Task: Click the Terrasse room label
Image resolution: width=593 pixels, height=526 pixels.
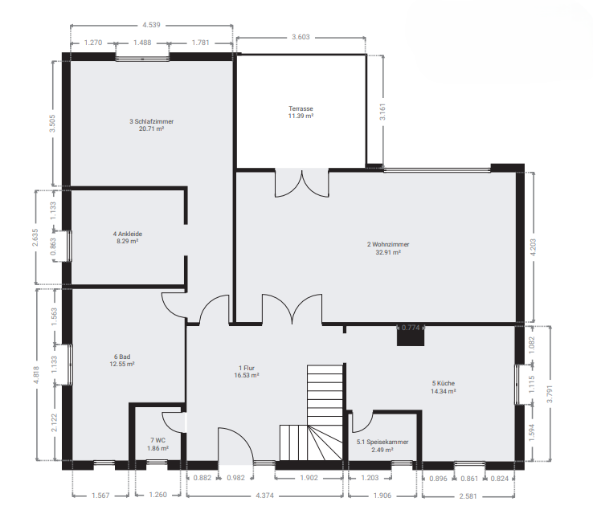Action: tap(301, 108)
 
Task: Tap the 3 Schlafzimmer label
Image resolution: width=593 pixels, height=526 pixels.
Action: tap(151, 121)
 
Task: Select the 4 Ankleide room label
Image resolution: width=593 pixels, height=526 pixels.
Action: tap(128, 234)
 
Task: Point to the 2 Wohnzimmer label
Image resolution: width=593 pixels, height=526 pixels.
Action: tap(388, 244)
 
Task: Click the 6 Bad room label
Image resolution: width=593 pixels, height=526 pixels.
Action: tap(122, 357)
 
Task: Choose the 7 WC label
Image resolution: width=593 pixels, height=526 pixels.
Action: tap(157, 440)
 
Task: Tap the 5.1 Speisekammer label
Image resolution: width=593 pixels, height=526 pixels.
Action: tap(382, 442)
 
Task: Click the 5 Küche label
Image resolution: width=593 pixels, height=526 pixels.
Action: tap(444, 383)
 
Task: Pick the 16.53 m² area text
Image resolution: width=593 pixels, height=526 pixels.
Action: tap(247, 375)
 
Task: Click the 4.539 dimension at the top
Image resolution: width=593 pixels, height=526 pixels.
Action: tap(151, 25)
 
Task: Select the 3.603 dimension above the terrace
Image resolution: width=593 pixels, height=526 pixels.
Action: tap(301, 37)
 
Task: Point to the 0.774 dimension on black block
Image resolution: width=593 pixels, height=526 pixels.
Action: tap(411, 328)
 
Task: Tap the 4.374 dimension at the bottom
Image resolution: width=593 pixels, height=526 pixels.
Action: tap(264, 495)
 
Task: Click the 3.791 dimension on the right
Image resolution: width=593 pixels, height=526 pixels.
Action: tap(550, 393)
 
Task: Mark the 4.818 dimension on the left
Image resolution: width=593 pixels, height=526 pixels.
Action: tap(36, 375)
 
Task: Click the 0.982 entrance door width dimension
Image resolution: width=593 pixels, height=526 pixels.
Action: tap(236, 478)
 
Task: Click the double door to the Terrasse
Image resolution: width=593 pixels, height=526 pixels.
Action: tap(302, 184)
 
